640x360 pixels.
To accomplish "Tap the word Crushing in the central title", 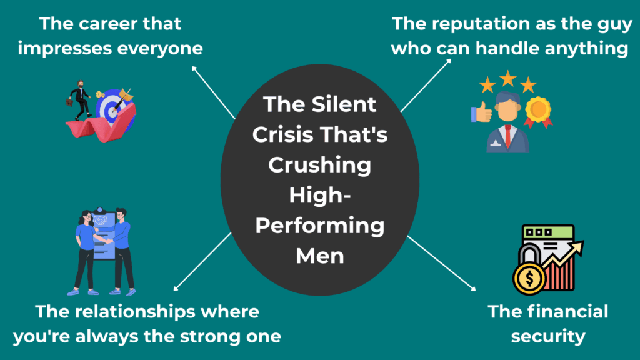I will click(320, 166).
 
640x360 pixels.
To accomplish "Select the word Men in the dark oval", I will click(320, 256).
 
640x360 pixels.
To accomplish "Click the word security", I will click(547, 336).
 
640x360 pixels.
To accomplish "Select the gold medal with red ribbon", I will click(537, 112).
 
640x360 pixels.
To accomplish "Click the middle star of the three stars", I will click(507, 79).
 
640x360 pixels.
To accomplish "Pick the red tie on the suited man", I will click(507, 134).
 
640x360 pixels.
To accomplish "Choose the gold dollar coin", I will click(528, 277).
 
